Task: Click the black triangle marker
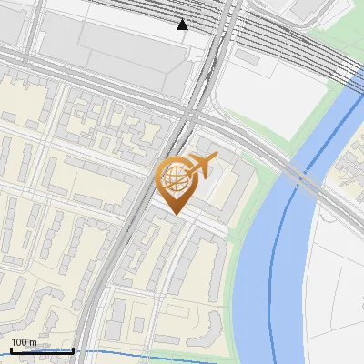pos(183,25)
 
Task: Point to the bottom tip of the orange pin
pos(174,215)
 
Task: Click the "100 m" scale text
pos(24,342)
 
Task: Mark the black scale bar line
pos(41,350)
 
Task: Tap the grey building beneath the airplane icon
pos(214,182)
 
